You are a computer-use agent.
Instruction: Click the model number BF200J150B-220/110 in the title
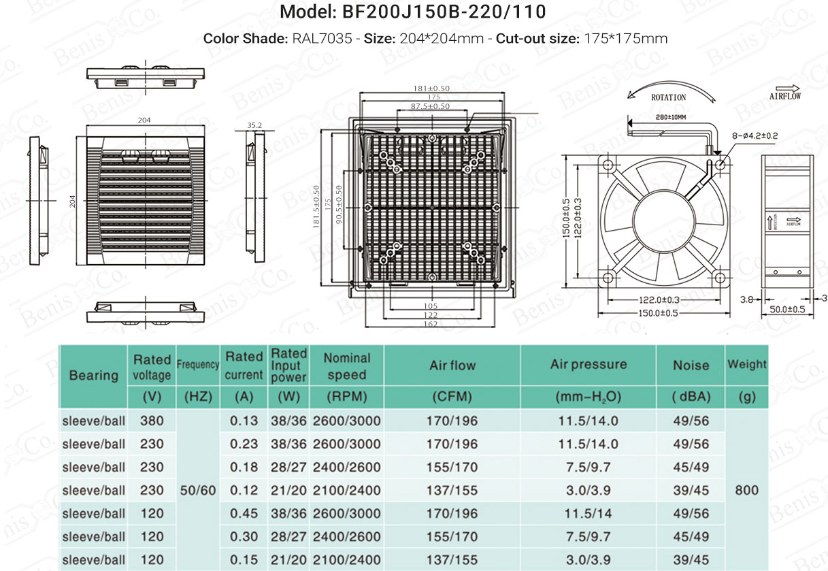(x=444, y=12)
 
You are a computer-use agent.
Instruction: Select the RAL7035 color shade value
(x=322, y=39)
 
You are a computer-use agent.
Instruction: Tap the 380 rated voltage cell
(x=152, y=421)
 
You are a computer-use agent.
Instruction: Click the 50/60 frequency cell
(x=198, y=491)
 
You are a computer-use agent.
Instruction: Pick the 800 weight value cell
(x=746, y=490)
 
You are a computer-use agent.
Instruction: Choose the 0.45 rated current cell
(x=244, y=513)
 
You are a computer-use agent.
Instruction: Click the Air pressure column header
(x=589, y=364)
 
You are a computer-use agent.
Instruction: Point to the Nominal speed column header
(x=347, y=366)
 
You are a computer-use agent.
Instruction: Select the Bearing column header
(x=94, y=376)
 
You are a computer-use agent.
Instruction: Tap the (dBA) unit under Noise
(x=691, y=397)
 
